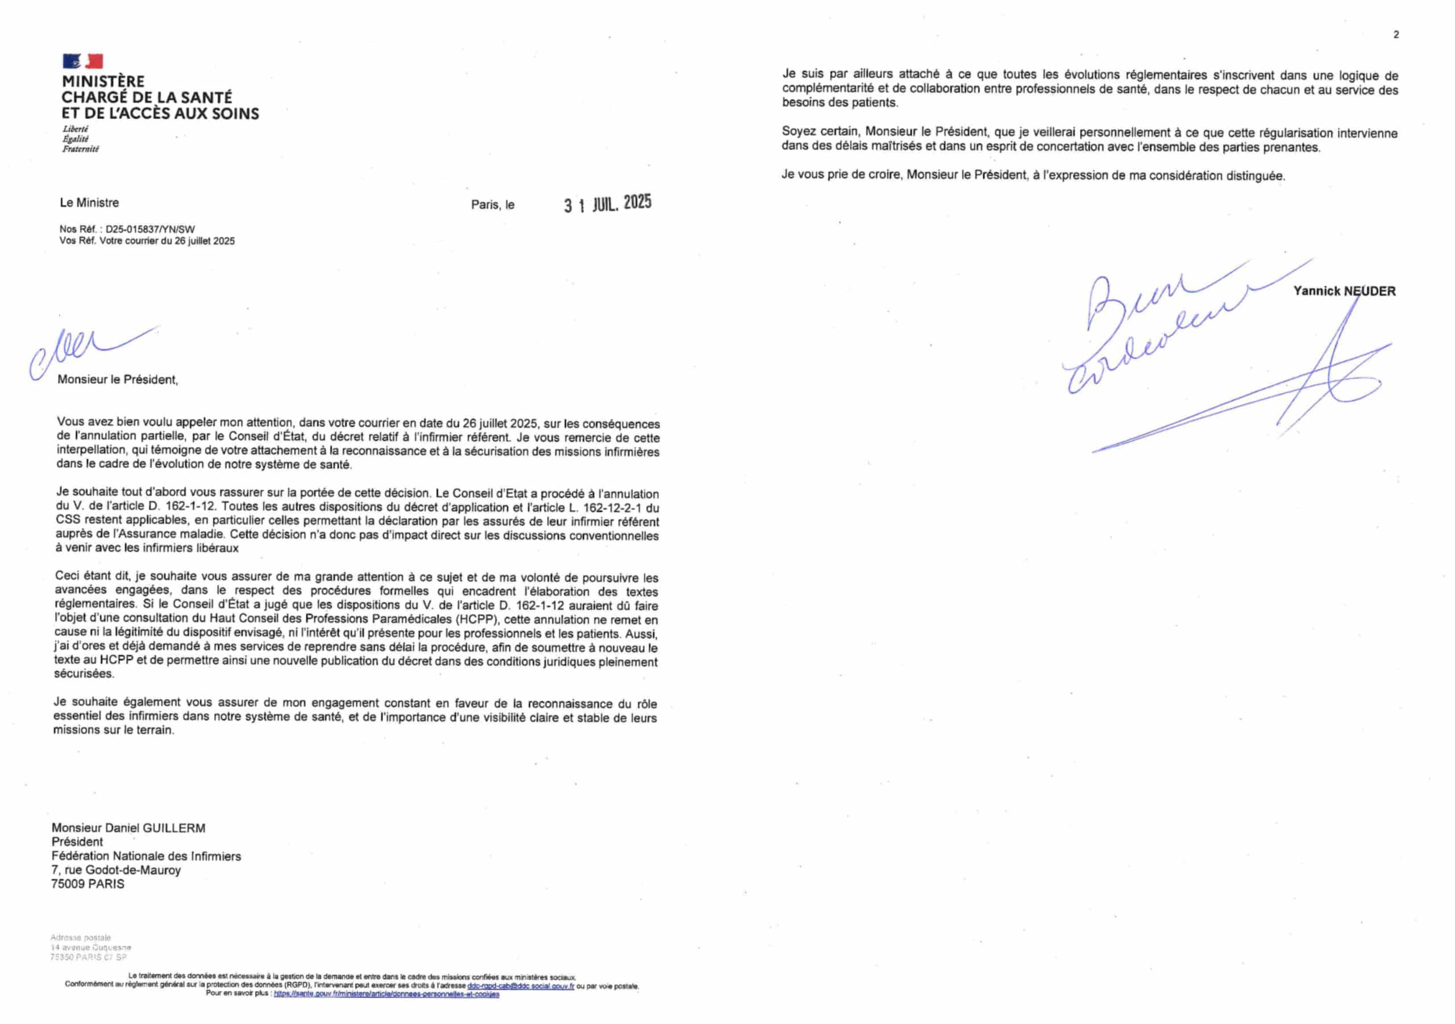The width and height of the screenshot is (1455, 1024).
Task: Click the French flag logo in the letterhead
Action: click(x=82, y=61)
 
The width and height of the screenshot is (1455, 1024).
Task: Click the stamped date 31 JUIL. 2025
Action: click(x=608, y=203)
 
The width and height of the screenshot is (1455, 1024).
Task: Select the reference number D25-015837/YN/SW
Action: click(x=150, y=230)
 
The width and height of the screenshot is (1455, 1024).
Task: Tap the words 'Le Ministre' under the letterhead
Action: click(x=89, y=203)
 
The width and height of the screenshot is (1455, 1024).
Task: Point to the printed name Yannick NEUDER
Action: click(x=1344, y=292)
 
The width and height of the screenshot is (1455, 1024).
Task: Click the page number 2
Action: click(x=1396, y=35)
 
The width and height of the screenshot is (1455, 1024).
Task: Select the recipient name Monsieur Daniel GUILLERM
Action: click(x=128, y=828)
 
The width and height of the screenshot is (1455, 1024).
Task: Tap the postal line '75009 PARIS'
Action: click(x=88, y=884)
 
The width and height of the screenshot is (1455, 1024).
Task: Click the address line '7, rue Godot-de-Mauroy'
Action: click(x=116, y=870)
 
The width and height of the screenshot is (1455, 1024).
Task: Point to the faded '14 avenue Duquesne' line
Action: click(x=90, y=947)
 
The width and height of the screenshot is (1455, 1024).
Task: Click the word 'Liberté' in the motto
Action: click(x=76, y=128)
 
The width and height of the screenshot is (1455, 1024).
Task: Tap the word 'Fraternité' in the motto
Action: click(x=81, y=149)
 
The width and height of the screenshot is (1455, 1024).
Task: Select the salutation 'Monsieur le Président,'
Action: click(x=118, y=380)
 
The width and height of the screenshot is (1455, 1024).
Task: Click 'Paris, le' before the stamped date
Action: click(x=492, y=205)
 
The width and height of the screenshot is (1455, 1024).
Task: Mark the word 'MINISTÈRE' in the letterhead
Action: click(x=103, y=81)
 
